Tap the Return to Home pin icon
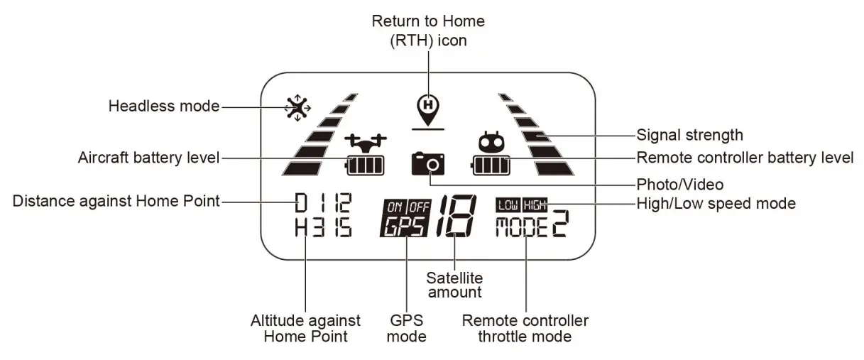(x=427, y=105)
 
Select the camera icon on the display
(x=429, y=164)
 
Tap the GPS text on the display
(x=404, y=226)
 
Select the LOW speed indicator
(x=508, y=204)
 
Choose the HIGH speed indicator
(x=535, y=204)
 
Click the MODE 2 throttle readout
(x=532, y=226)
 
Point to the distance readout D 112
(x=322, y=204)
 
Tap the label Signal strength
(x=689, y=134)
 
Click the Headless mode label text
(x=163, y=107)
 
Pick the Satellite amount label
(x=454, y=284)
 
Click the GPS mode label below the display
(x=406, y=328)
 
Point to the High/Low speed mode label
(x=716, y=204)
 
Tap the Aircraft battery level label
(x=148, y=158)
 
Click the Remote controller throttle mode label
(x=525, y=328)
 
